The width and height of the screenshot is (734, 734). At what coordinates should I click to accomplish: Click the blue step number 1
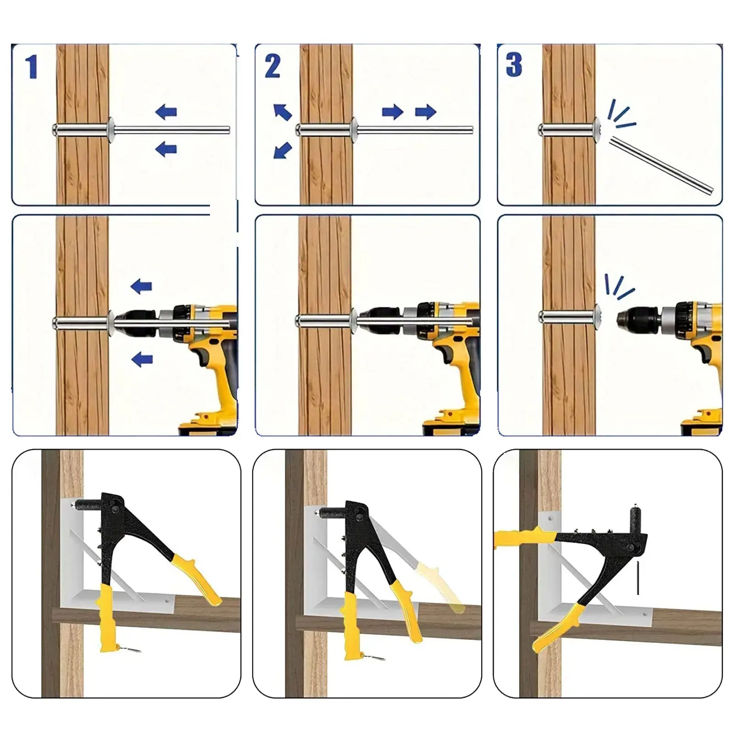31,67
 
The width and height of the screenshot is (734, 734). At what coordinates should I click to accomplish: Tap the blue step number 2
272,66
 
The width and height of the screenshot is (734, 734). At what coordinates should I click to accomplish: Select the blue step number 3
514,65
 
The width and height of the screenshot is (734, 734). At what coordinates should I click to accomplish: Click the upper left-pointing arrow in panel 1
166,111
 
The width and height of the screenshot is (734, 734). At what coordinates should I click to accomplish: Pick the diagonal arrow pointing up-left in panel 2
283,112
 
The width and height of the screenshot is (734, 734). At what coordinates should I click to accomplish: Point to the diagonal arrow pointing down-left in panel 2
283,150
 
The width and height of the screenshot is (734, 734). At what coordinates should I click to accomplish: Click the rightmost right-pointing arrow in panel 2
426,111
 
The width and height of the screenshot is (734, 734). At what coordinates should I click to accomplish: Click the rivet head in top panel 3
598,130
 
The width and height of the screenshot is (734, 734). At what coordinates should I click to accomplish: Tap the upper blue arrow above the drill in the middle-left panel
141,287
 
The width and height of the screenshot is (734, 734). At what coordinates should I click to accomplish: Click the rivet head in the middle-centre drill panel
353,319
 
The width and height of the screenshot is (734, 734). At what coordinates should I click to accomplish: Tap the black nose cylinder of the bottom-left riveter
89,506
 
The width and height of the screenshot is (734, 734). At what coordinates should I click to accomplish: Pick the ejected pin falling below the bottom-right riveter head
638,579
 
